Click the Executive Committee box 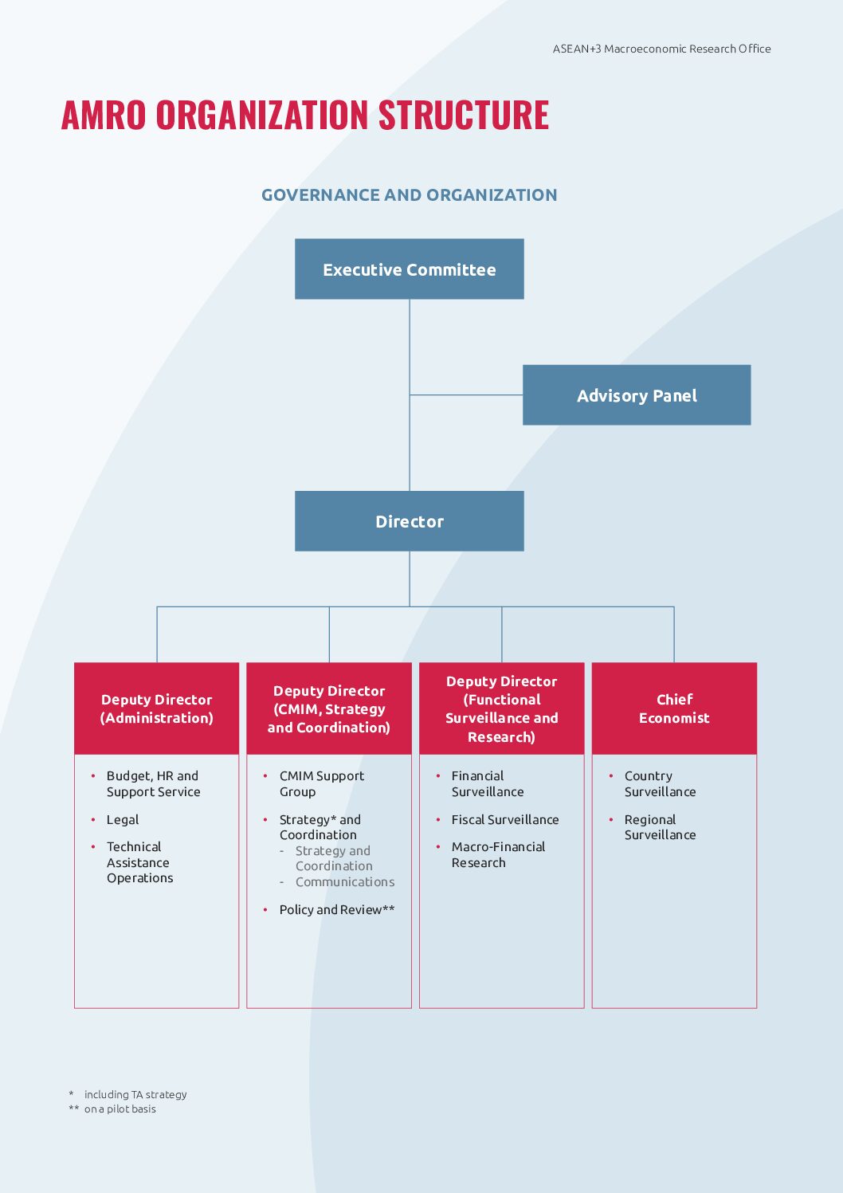point(409,269)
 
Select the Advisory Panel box point(637,395)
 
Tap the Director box point(409,521)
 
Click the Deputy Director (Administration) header point(156,708)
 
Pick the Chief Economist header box point(674,708)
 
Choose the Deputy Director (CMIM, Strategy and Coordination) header point(329,708)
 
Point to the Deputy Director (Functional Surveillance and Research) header point(502,708)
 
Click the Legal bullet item point(123,819)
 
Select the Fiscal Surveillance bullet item point(505,819)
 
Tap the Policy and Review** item point(337,909)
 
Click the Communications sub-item point(345,881)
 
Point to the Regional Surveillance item point(660,827)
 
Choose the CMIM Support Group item point(321,783)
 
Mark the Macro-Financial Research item point(498,854)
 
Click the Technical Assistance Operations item point(139,862)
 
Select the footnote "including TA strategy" point(135,1094)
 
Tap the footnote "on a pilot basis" point(120,1109)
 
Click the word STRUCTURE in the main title point(464,114)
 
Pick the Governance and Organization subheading point(410,195)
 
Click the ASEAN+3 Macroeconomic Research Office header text point(661,49)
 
